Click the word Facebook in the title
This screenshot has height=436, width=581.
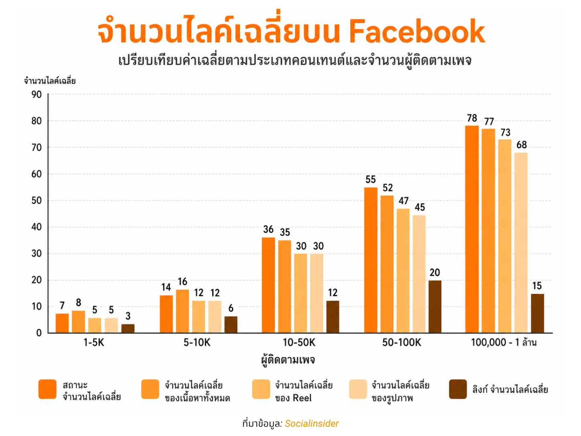point(416,31)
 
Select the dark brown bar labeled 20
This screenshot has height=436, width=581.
point(435,307)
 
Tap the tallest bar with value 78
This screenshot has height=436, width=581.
point(472,229)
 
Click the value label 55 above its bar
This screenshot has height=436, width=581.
point(371,179)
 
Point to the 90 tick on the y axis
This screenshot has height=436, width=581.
point(37,95)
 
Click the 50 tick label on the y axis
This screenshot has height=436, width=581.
point(37,200)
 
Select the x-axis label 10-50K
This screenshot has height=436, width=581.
point(299,342)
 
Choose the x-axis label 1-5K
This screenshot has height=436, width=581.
point(93,342)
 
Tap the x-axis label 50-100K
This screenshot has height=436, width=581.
point(402,342)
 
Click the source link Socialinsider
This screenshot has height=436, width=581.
point(312,424)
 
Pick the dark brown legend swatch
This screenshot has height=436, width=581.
point(458,389)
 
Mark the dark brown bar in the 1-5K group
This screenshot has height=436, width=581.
point(128,328)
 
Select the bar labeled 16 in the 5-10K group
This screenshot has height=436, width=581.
point(183,311)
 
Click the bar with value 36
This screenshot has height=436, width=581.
point(268,285)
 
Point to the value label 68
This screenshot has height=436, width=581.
point(522,145)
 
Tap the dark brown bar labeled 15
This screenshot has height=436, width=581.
point(538,313)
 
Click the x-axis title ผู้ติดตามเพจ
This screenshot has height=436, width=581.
point(288,360)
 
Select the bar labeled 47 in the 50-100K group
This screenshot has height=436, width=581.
point(403,271)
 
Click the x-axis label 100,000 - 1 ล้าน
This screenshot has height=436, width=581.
point(504,342)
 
